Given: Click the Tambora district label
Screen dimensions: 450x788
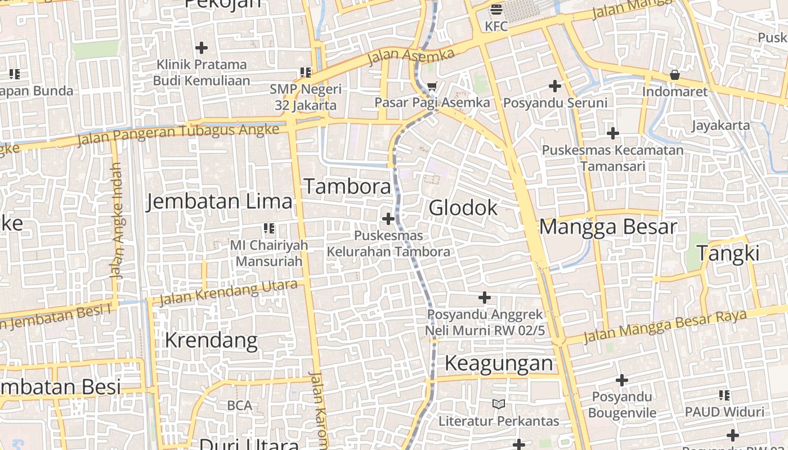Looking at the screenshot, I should (347, 187).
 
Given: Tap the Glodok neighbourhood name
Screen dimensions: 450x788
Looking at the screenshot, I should (463, 208).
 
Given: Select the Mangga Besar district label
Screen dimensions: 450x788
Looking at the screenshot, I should (608, 227).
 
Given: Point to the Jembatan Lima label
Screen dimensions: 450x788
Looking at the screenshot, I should (220, 201).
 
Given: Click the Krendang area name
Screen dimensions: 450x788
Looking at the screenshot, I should (211, 340).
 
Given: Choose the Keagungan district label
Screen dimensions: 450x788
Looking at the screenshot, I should (499, 363).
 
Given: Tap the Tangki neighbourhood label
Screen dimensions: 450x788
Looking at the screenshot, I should (728, 253).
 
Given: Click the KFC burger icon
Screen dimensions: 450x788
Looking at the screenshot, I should (496, 9).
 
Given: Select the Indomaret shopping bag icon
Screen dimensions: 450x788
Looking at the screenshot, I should (674, 75).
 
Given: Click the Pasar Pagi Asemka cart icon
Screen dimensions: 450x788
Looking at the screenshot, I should (432, 87).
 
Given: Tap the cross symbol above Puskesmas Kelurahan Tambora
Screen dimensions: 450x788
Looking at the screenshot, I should (388, 218).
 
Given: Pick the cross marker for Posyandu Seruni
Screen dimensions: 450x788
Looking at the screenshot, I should (555, 86).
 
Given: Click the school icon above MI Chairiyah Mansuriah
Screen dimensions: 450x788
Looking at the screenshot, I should (269, 228).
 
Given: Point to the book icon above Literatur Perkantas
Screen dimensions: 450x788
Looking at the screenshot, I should (499, 404).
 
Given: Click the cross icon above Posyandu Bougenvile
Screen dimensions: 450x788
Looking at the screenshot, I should (622, 380).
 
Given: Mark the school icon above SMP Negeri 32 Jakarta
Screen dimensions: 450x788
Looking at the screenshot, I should (305, 73).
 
